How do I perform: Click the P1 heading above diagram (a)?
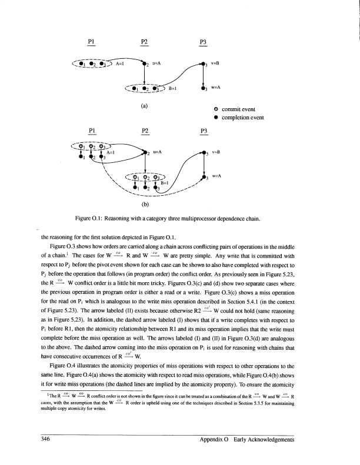pos(91,42)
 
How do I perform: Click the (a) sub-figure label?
pos(144,106)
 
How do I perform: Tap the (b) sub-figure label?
pos(144,205)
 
